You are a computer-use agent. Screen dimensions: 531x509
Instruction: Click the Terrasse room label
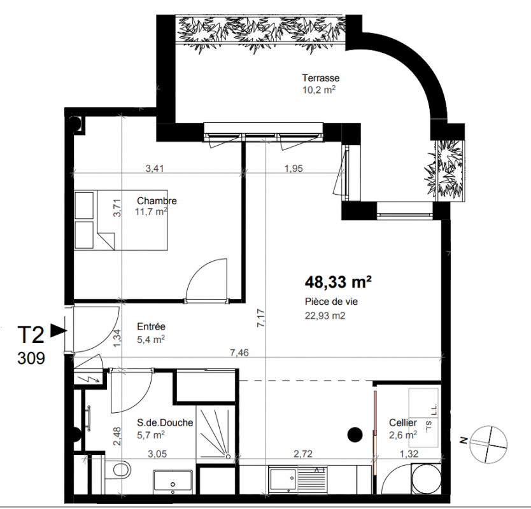point(321,78)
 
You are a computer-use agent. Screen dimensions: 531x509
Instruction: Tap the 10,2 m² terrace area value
point(319,90)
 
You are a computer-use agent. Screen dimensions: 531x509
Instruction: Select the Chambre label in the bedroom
point(157,200)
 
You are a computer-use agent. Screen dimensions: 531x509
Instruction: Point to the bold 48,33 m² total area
point(338,282)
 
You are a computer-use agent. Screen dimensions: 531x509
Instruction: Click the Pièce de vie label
point(331,302)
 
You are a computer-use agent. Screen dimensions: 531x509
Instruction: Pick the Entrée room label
point(151,326)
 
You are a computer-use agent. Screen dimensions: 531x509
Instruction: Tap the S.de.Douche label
point(165,422)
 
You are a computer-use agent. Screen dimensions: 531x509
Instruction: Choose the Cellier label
point(403,422)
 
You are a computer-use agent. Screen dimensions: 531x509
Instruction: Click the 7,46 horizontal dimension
point(239,352)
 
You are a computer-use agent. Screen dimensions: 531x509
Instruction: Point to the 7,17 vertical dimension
point(261,317)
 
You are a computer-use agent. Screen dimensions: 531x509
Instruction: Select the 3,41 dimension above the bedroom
point(155,168)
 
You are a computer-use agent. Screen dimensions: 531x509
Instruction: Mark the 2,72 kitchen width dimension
point(303,454)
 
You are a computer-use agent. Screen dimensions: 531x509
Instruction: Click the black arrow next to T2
point(58,330)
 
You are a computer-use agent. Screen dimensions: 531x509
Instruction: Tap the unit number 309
point(31,358)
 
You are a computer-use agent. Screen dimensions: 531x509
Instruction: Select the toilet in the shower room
point(118,470)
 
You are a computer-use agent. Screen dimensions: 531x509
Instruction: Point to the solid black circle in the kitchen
point(355,435)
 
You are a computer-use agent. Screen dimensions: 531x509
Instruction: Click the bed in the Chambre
point(121,220)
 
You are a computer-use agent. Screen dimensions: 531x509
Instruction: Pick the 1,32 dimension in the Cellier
point(409,454)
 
